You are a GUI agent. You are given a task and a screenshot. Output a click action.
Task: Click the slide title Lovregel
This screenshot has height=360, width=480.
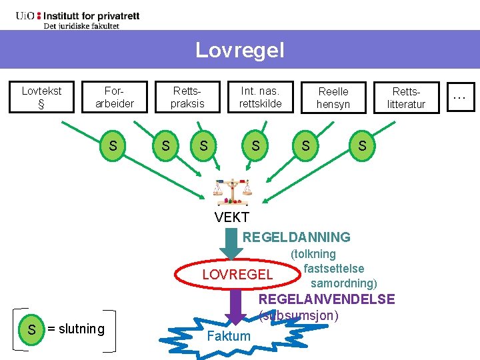(239, 50)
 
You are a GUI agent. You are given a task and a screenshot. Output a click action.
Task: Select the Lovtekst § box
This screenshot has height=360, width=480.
(41, 97)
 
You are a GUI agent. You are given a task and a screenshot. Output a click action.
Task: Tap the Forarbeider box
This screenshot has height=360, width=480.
(115, 97)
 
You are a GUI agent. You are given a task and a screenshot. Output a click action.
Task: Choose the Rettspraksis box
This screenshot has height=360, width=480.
(187, 97)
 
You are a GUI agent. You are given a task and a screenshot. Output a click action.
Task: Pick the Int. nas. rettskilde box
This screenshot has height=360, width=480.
(261, 97)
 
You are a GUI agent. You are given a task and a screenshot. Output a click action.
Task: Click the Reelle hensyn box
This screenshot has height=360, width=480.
(333, 97)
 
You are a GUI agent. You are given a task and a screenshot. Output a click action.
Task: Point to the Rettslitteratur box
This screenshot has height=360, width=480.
(406, 97)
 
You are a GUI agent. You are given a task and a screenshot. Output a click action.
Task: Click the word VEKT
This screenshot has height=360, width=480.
(232, 217)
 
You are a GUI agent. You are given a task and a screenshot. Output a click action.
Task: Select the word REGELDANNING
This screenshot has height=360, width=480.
(296, 237)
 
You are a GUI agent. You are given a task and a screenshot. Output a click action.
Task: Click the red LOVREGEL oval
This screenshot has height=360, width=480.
(237, 275)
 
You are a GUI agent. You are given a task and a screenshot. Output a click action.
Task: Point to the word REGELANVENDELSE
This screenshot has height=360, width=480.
(327, 300)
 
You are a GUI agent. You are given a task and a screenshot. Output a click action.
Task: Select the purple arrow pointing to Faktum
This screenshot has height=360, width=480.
(235, 305)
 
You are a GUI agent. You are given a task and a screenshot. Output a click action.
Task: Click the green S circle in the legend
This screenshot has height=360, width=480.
(31, 329)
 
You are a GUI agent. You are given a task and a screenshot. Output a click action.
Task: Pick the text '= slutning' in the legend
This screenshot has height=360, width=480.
(76, 329)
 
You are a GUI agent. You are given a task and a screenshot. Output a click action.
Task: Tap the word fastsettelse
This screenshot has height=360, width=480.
(333, 269)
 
